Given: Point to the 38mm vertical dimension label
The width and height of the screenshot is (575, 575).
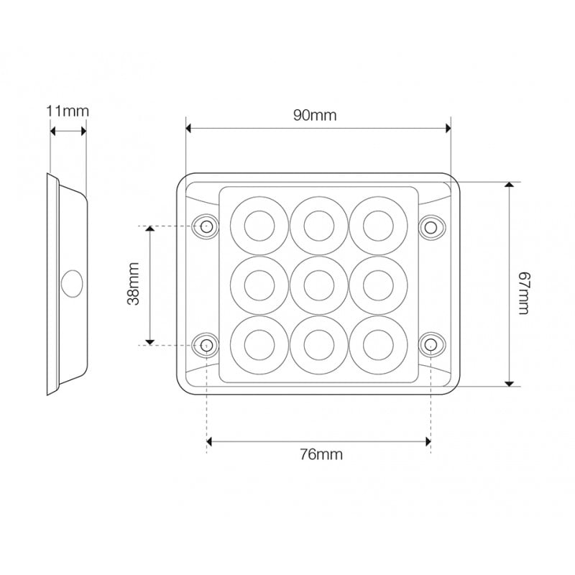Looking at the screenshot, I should point(134,285).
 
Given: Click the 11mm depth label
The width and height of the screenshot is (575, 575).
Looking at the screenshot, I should point(68,111).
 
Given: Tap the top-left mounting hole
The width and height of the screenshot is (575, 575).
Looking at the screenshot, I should point(207,227).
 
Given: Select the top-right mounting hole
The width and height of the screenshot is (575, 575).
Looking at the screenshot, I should point(431,227).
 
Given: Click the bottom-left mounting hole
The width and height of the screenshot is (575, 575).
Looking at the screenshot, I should point(207,344).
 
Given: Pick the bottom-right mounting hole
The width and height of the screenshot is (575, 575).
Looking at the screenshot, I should point(431,344).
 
